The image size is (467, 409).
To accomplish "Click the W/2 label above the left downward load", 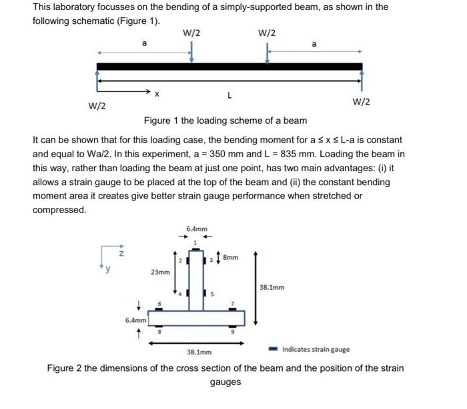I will [x=191, y=33].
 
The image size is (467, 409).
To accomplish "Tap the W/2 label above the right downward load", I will [x=266, y=33].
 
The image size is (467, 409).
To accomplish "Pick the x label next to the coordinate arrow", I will [x=157, y=95].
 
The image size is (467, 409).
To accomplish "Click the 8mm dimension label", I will [x=230, y=256].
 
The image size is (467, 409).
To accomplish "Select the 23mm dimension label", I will [x=159, y=272].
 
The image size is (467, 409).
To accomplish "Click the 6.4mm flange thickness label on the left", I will [x=135, y=320].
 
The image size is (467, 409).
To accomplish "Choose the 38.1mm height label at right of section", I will [x=272, y=288].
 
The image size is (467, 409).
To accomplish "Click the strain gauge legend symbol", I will [x=274, y=348].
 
